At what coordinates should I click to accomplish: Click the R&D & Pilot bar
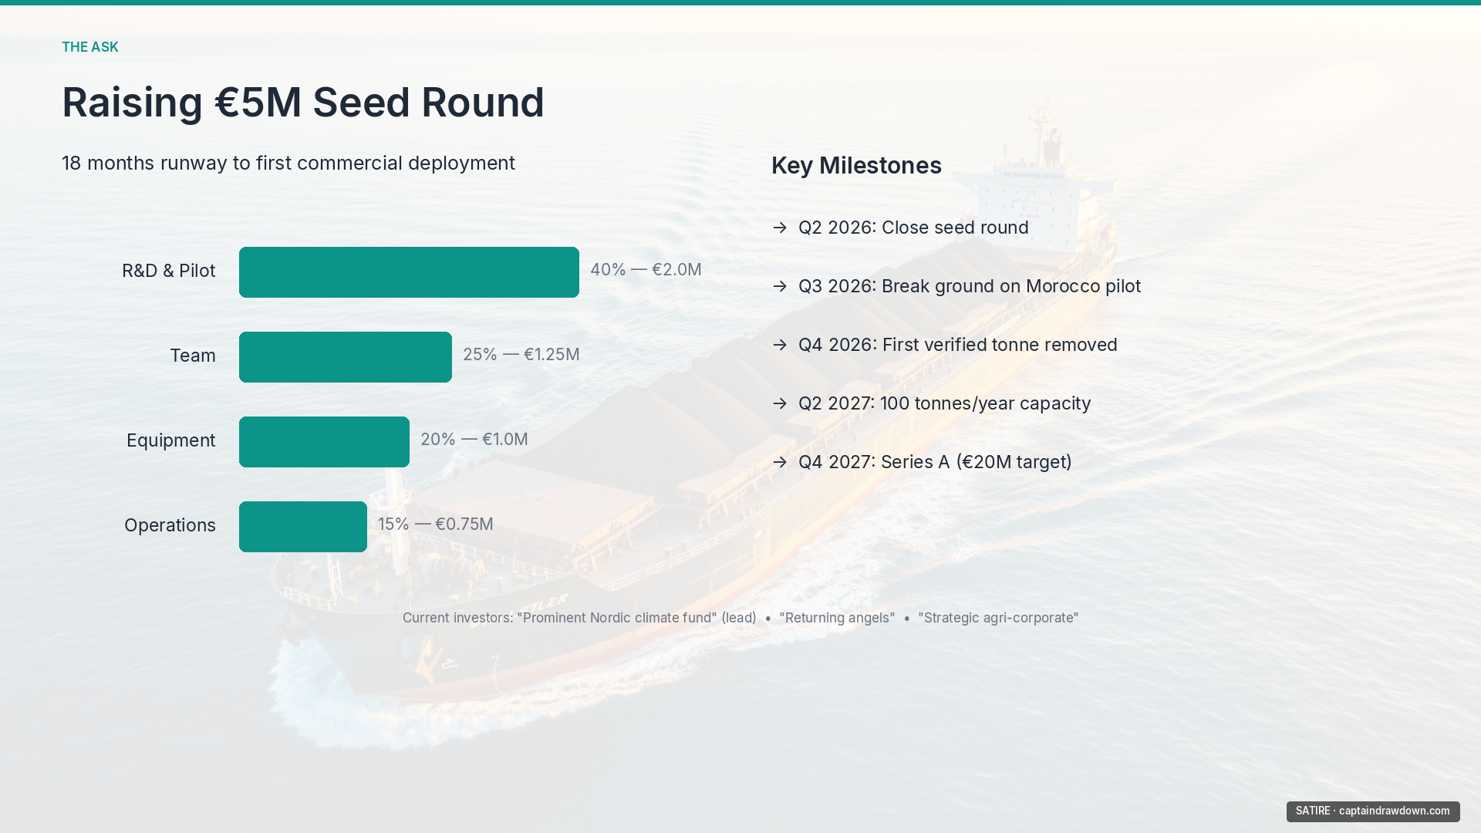point(409,272)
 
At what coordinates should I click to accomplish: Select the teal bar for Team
point(346,357)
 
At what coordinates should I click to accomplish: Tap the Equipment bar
point(324,442)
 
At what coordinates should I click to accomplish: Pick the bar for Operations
point(303,527)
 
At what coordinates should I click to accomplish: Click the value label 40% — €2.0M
point(646,270)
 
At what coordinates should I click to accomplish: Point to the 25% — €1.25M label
point(521,355)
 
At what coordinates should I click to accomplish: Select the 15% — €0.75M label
point(435,524)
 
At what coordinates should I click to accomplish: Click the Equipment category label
point(170,441)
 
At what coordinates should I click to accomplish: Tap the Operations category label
point(170,526)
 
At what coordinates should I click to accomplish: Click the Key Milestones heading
point(856,166)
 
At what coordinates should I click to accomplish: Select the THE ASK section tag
point(90,47)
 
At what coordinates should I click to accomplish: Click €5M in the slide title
point(258,103)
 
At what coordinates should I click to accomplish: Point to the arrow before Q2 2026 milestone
point(780,228)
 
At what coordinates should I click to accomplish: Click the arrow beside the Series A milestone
point(780,462)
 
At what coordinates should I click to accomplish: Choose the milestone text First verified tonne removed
point(1000,345)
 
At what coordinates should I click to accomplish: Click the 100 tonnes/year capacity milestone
point(986,403)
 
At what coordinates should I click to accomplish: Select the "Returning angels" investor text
point(837,618)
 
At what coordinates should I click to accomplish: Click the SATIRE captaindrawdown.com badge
point(1373,811)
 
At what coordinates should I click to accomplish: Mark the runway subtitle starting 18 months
point(288,164)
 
